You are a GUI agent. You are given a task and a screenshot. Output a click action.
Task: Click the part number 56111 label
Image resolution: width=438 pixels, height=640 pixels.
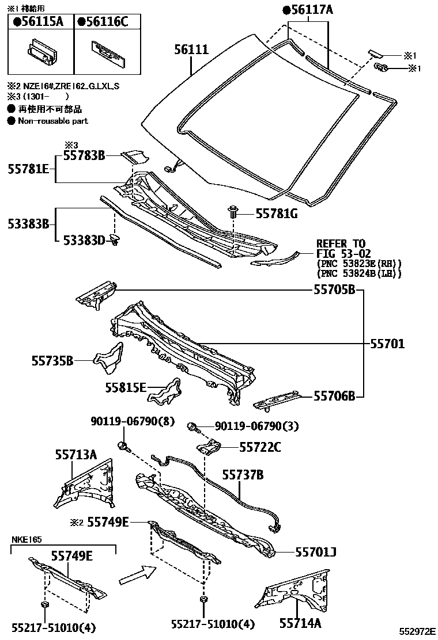point(191,50)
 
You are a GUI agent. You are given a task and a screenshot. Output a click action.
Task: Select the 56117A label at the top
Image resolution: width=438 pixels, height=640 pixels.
point(308,10)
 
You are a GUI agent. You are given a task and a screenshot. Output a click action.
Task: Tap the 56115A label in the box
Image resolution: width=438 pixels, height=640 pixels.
point(39,22)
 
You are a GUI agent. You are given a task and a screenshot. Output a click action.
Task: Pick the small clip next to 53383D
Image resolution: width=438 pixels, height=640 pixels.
point(115,239)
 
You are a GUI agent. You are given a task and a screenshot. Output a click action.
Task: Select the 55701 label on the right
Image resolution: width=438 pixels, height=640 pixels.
point(387,344)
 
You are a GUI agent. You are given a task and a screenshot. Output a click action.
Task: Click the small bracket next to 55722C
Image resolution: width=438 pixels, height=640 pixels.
point(211,447)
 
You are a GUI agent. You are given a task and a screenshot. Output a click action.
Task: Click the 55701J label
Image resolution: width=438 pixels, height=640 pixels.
point(315,553)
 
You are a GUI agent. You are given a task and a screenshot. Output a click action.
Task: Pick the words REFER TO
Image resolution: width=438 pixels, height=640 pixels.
point(341,244)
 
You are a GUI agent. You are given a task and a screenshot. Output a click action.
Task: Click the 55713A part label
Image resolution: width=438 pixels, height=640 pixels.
point(75,455)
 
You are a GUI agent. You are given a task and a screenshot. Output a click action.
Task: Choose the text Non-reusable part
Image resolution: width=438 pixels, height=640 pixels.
point(52,121)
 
